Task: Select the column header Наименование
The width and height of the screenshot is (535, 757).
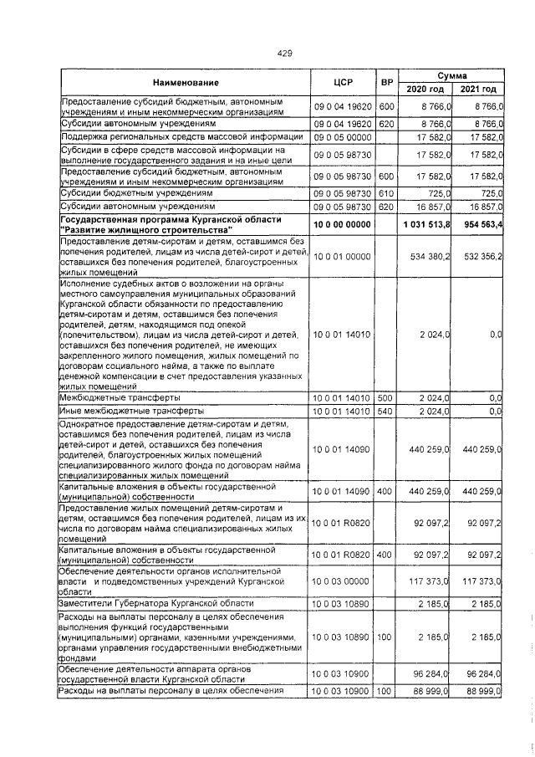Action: [185, 83]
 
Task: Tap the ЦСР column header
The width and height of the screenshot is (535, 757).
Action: [346, 83]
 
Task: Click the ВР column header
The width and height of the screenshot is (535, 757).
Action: [386, 83]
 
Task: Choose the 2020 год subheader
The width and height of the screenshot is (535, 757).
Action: [425, 90]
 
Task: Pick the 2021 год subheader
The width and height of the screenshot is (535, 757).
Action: [478, 90]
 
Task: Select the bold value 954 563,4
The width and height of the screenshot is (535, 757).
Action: [479, 226]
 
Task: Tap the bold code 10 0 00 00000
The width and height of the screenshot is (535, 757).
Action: [342, 226]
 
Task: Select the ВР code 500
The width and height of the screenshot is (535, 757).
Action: [386, 398]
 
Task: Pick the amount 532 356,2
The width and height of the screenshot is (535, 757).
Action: [481, 254]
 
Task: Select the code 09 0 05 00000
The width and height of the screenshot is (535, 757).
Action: [342, 136]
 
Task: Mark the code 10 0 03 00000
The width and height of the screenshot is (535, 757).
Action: [342, 580]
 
